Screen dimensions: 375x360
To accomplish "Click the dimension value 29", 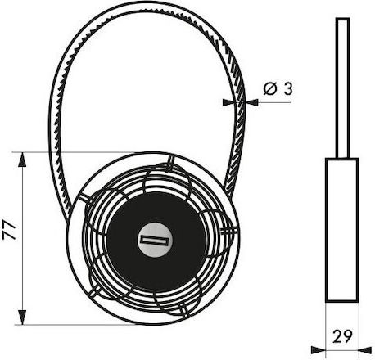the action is [x=342, y=335].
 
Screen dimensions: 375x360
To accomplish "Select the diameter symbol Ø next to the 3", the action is [x=270, y=89].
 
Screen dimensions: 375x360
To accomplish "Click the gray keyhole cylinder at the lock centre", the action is [x=155, y=241].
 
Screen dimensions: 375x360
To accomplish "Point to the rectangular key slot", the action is [x=155, y=241].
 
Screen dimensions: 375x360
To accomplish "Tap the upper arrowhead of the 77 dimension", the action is [x=22, y=160].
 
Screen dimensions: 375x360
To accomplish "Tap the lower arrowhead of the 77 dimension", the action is [x=22, y=317].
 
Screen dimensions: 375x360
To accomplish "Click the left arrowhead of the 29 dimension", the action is [x=319, y=349].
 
